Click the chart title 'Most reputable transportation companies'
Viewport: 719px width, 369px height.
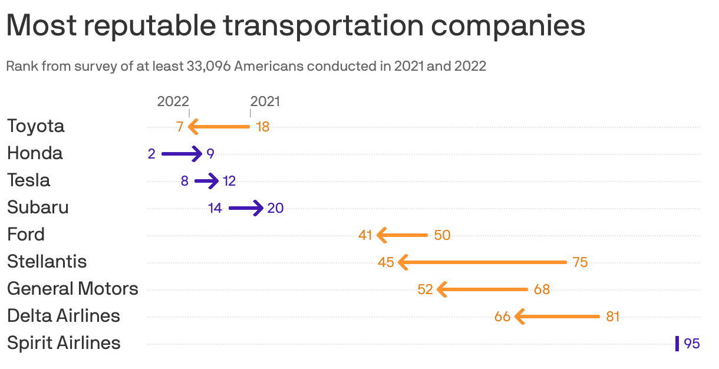tap(295, 26)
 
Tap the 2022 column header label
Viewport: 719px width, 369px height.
tap(173, 101)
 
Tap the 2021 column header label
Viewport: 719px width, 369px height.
tap(265, 101)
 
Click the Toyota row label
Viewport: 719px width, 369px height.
tap(36, 126)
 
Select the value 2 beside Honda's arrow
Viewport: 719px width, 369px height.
tap(151, 154)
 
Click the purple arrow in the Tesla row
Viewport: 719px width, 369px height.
tap(206, 181)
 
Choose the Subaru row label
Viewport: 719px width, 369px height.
tap(38, 207)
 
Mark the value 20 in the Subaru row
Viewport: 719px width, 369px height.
tap(275, 208)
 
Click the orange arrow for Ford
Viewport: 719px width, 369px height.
tap(402, 235)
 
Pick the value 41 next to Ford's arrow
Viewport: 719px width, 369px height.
tap(365, 235)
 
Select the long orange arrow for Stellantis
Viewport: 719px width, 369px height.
tap(482, 262)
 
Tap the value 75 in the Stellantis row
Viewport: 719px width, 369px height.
tap(580, 262)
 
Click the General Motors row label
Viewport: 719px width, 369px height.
tap(72, 289)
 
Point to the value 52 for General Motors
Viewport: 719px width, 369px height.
tap(425, 289)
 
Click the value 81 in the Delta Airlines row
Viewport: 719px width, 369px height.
tap(613, 317)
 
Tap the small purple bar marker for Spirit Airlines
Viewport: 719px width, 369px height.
tap(677, 344)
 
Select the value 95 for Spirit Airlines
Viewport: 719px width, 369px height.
tap(692, 344)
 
